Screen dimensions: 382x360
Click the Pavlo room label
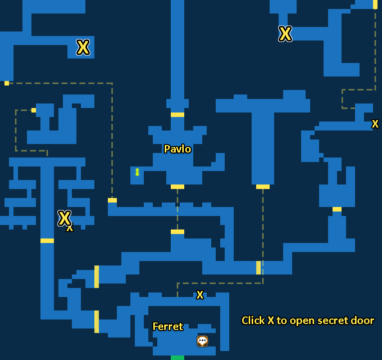(177, 149)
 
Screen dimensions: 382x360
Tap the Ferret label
(168, 326)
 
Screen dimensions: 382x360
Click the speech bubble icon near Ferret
(202, 341)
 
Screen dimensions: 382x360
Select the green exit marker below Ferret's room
(177, 357)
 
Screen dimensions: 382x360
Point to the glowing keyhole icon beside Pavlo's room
(137, 172)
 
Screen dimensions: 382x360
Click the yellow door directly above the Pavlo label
(177, 114)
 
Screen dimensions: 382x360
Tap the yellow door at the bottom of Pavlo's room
(177, 186)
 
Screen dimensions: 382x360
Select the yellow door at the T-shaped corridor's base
(263, 186)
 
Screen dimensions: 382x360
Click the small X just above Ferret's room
(200, 295)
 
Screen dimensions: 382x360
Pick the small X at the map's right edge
(375, 124)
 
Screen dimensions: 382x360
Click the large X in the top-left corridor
(83, 47)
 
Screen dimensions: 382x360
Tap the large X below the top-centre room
(285, 34)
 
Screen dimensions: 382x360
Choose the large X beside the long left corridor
(64, 218)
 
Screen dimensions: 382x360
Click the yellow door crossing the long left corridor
(47, 240)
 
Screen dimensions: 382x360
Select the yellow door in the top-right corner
(375, 4)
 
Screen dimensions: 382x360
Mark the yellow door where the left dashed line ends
(112, 200)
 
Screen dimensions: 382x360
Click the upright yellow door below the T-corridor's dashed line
(258, 267)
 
